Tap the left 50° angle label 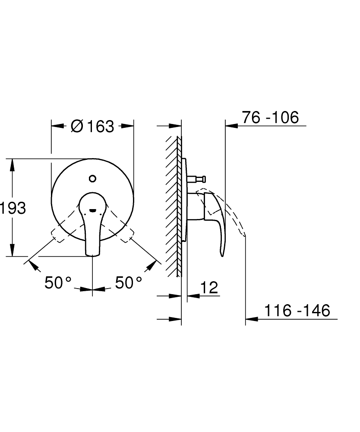click(58, 283)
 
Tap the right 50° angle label click(129, 283)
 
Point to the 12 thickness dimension click(209, 288)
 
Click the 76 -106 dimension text click(270, 118)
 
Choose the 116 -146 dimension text click(297, 310)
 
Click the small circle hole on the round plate click(92, 178)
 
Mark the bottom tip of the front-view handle click(93, 255)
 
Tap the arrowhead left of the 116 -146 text click(251, 320)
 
